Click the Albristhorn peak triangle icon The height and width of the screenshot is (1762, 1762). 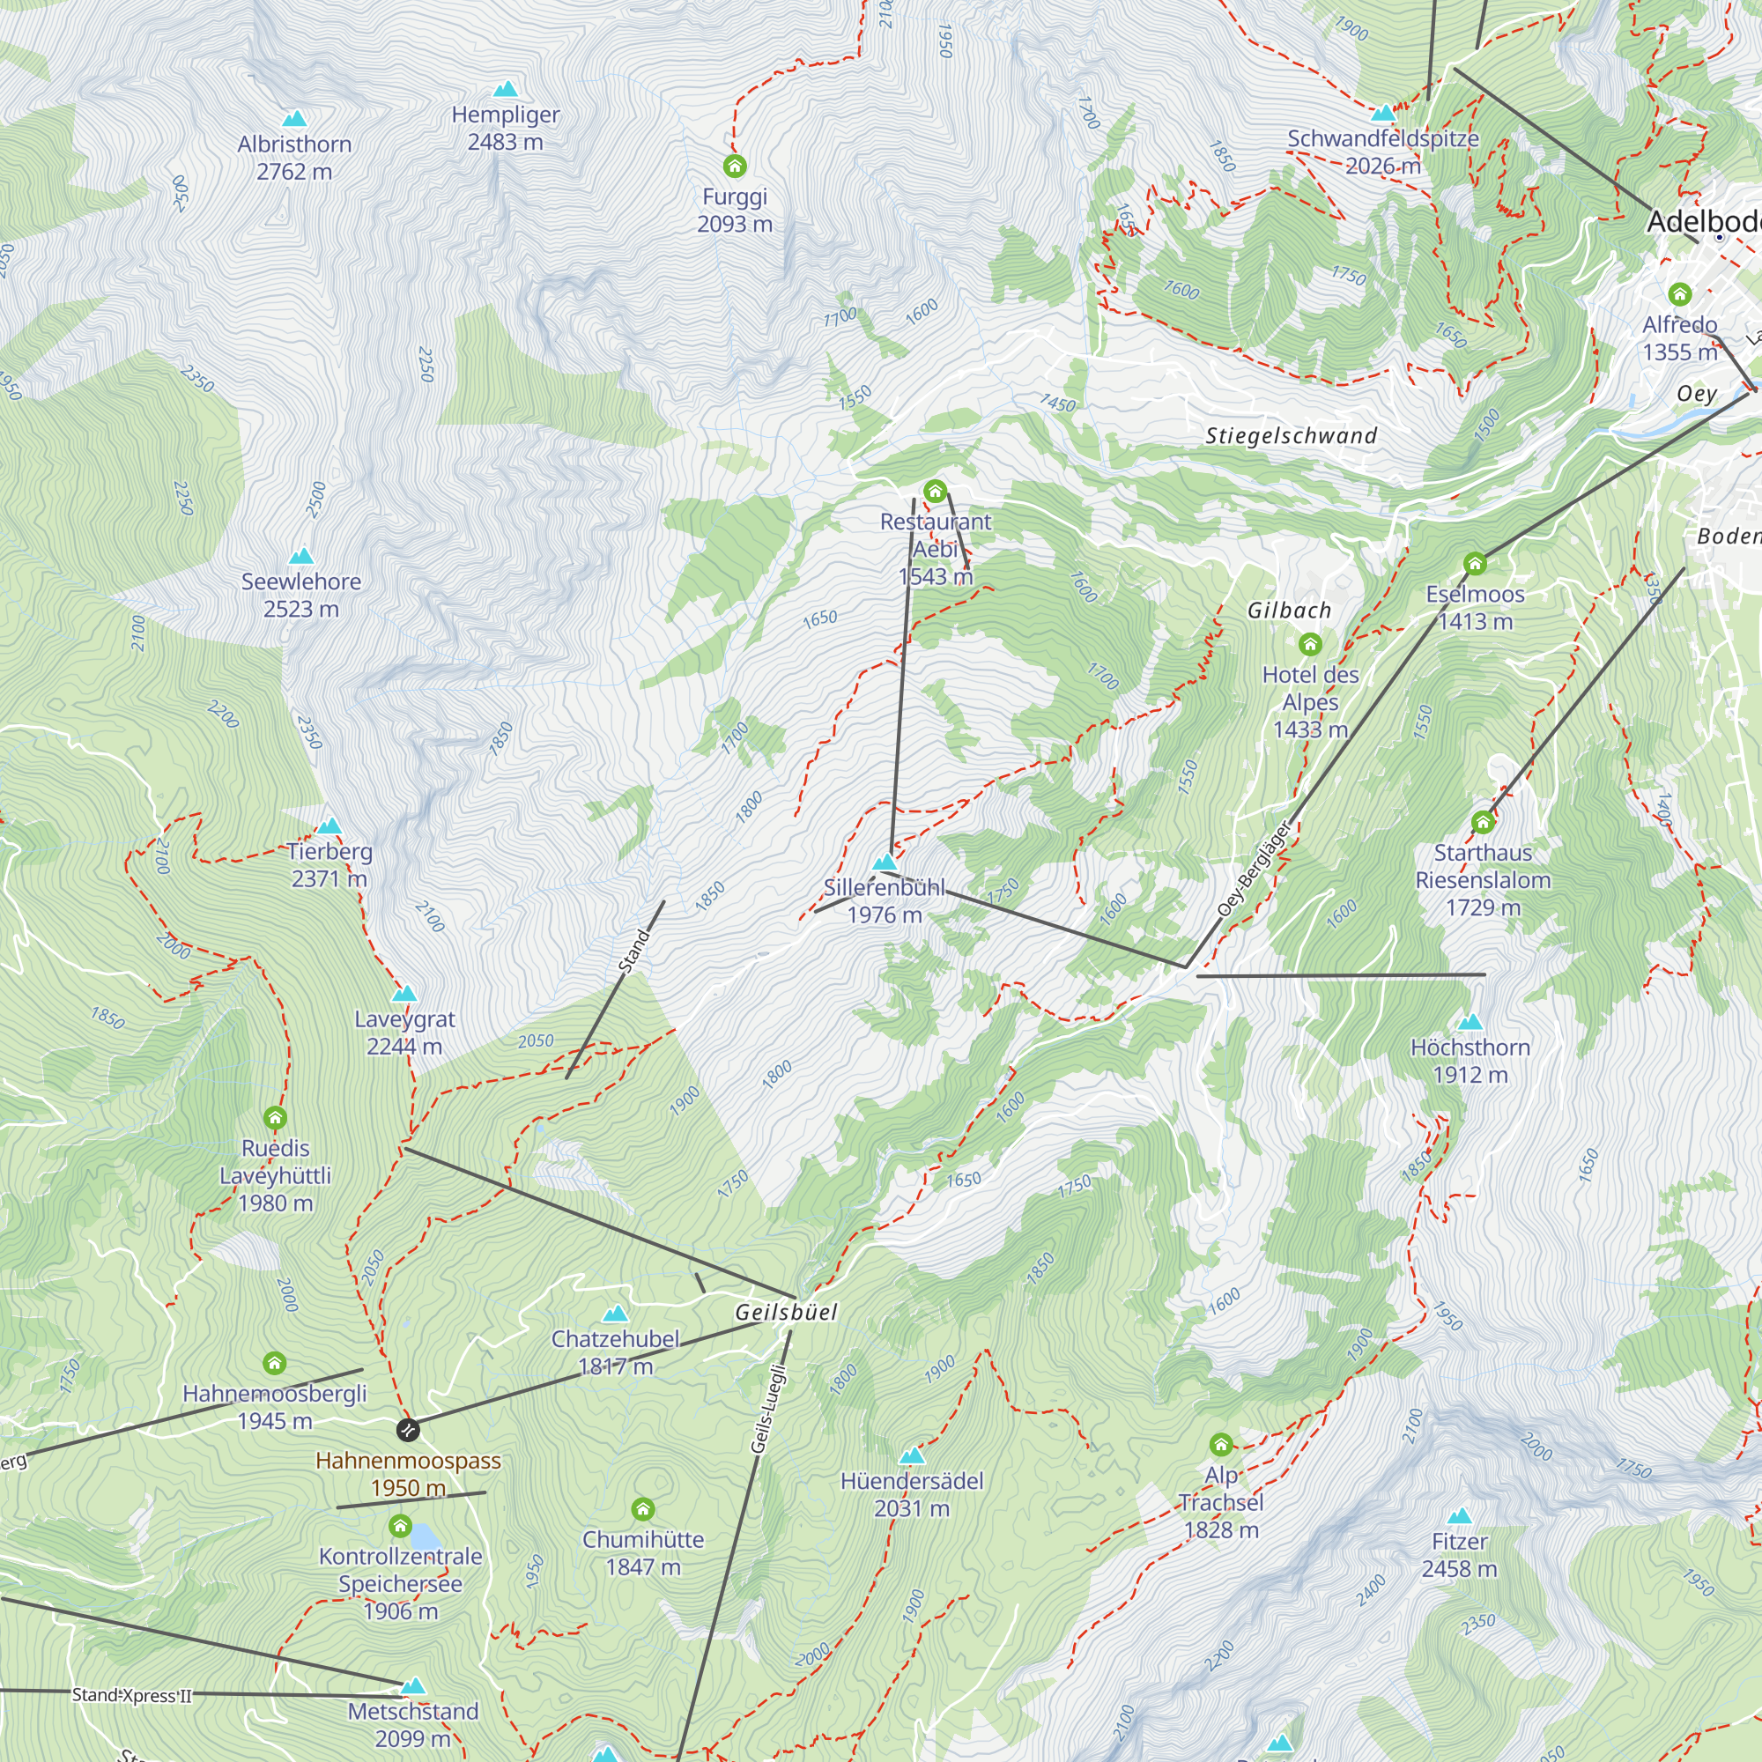(293, 119)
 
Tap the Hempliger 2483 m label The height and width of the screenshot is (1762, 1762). (505, 129)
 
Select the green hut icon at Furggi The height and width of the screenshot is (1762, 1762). (735, 166)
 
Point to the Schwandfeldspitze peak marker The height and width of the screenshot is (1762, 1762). (1383, 114)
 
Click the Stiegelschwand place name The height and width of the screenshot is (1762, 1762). (1292, 436)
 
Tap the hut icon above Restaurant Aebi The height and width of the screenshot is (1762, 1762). (935, 492)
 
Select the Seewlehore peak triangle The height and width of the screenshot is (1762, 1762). (301, 556)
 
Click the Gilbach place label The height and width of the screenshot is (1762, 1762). (1290, 611)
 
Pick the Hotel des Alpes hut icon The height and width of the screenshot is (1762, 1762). (1311, 645)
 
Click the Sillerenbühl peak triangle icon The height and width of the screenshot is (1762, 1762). (885, 862)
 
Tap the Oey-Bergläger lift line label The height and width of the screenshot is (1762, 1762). (1255, 870)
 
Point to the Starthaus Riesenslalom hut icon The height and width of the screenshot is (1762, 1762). (1483, 823)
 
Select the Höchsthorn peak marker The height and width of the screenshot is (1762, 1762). (1470, 1022)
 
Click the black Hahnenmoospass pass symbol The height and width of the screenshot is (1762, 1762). (409, 1429)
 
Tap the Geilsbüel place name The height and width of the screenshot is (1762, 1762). (786, 1313)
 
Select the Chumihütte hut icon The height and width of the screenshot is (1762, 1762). (643, 1509)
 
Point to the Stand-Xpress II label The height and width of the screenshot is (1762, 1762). (132, 1694)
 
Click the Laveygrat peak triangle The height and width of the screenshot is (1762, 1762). (404, 994)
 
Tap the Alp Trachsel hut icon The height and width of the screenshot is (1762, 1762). (1221, 1444)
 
